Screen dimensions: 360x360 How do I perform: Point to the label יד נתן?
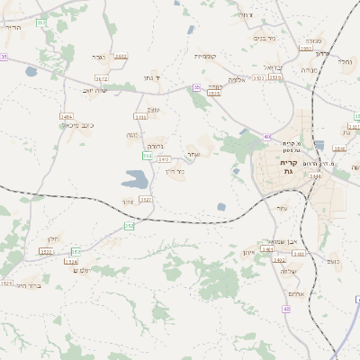(151, 78)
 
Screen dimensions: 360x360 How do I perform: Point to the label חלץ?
(52, 238)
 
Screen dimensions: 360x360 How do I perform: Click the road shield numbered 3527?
(146, 200)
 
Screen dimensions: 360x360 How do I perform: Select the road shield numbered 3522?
(46, 251)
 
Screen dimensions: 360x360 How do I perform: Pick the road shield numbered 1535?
(213, 93)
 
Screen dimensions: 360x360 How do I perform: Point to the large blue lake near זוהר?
(136, 179)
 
